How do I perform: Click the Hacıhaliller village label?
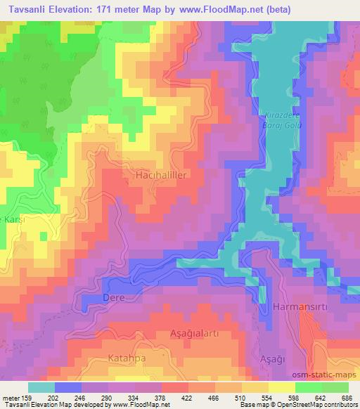160,176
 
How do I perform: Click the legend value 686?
346,397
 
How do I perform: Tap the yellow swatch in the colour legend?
282,387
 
